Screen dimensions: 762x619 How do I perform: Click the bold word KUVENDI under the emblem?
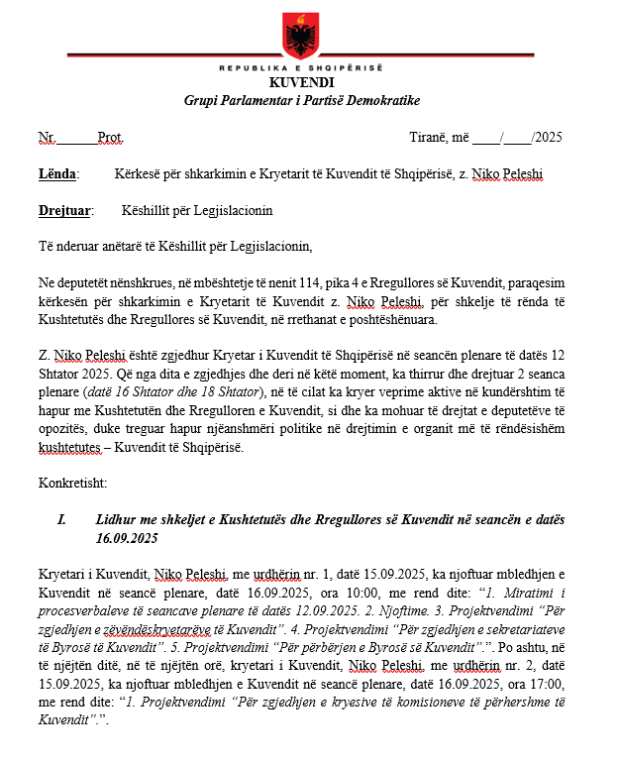[301, 84]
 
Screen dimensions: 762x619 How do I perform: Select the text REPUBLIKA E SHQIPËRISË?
[301, 68]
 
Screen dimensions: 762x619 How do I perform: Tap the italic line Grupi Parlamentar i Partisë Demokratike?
[301, 101]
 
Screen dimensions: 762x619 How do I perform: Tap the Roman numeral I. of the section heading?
[62, 520]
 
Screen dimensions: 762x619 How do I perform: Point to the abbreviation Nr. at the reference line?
[48, 138]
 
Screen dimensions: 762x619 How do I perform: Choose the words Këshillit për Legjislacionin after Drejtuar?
[197, 211]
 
